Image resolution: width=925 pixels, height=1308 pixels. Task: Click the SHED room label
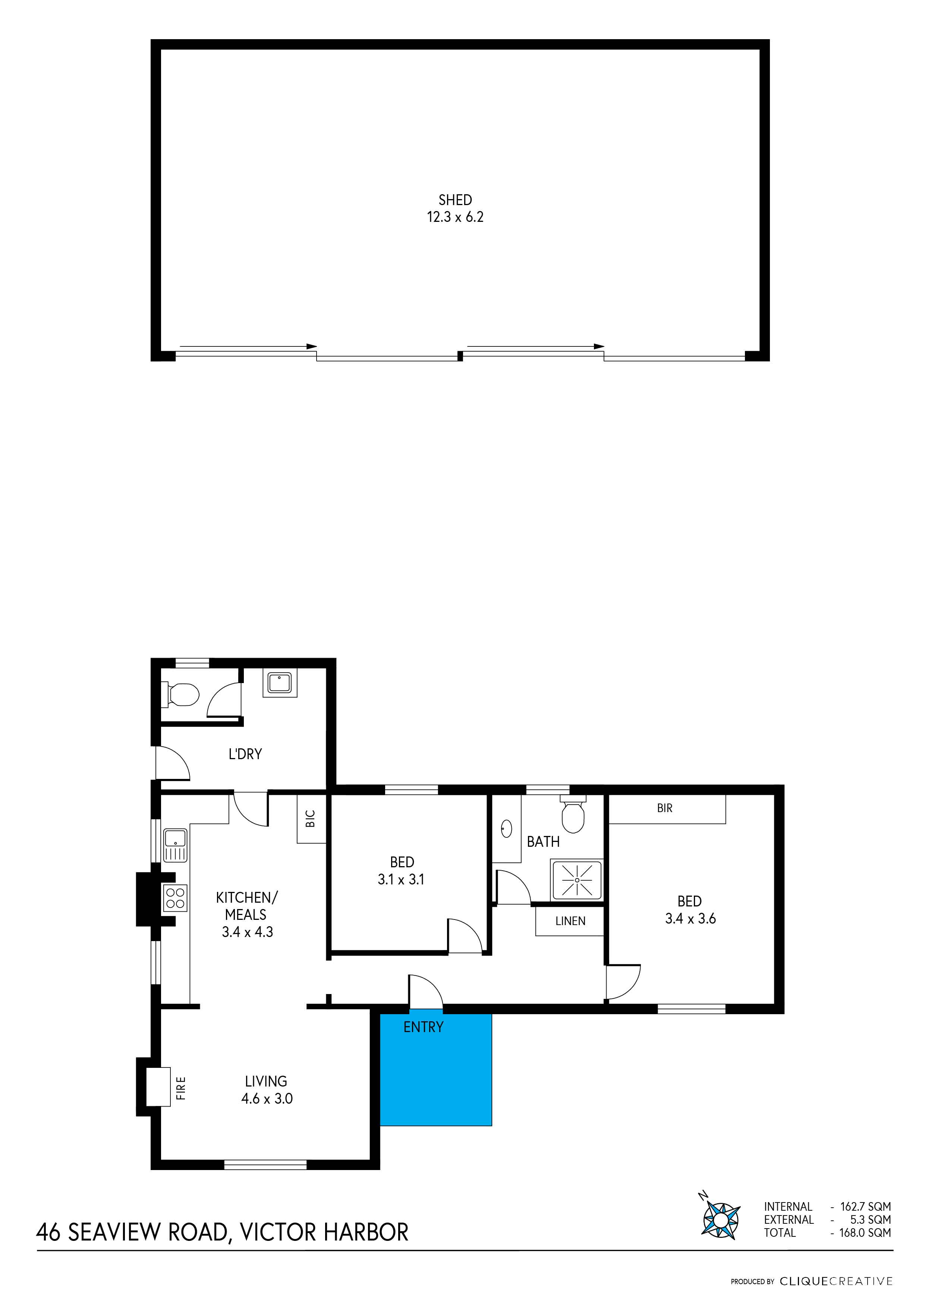tap(455, 200)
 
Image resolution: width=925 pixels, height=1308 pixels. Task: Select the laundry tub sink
tap(280, 682)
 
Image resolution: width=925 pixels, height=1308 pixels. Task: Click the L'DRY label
tap(245, 754)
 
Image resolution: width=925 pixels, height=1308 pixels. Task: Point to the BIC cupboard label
tap(311, 819)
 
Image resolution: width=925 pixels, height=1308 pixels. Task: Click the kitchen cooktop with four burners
tap(175, 898)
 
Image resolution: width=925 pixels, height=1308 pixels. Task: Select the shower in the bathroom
tap(577, 880)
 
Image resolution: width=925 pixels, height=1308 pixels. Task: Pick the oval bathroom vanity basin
tap(506, 829)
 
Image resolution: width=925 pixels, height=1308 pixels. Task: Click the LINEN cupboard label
tap(570, 921)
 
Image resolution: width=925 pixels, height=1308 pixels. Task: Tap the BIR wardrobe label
tap(665, 808)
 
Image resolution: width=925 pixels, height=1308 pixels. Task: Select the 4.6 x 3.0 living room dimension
tap(267, 1098)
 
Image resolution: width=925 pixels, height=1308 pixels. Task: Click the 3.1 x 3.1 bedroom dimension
tap(401, 880)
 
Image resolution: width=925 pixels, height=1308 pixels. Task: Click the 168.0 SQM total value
tap(865, 1233)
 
